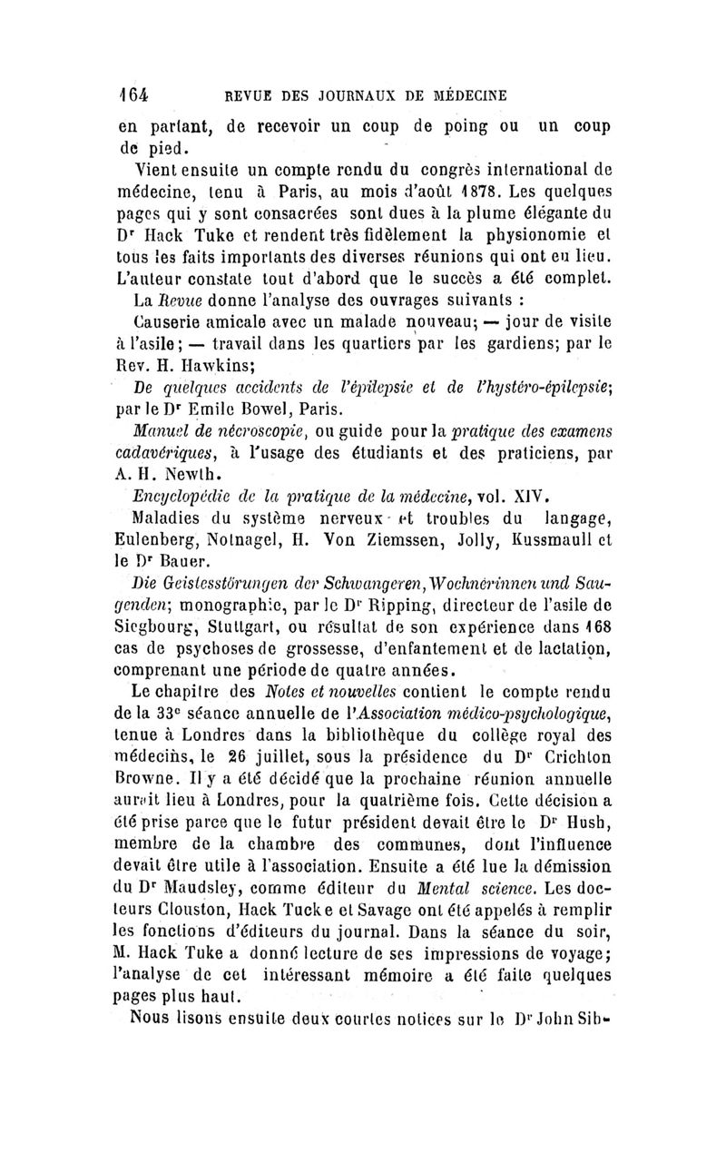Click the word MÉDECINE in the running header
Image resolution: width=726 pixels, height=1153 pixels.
[464, 94]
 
